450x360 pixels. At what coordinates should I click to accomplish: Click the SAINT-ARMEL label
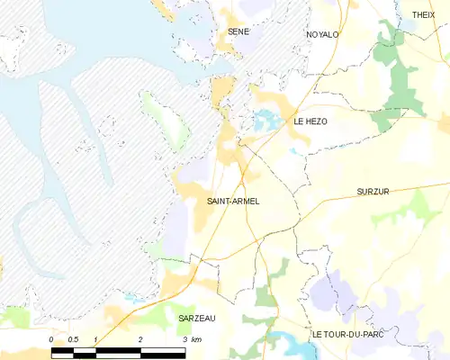(233, 201)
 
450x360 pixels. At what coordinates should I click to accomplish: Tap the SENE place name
(238, 31)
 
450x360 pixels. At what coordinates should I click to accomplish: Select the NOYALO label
(322, 34)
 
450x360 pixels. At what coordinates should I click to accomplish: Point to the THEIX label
(423, 15)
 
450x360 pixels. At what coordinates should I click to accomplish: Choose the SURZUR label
(372, 193)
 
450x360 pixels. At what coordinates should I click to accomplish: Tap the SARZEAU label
(196, 319)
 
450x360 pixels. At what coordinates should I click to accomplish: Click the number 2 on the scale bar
(140, 339)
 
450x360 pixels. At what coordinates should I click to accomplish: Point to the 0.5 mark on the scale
(74, 339)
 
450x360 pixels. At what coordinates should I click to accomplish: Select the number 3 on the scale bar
(184, 339)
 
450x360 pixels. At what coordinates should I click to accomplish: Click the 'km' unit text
(196, 339)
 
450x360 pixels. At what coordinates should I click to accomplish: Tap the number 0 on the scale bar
(51, 339)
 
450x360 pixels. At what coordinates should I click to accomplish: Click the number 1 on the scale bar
(95, 339)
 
